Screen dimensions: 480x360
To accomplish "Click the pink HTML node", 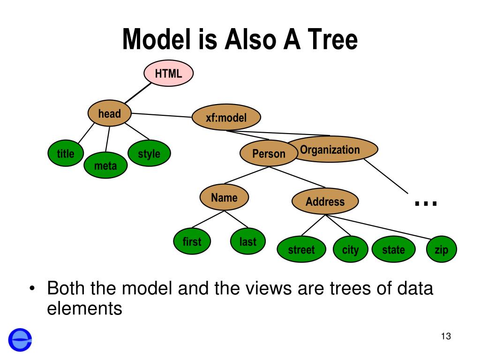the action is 168,73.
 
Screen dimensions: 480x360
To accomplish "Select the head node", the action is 110,113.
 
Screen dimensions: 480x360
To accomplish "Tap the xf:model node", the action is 226,117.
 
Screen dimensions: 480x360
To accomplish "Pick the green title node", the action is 66,153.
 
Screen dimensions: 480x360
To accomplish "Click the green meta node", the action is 105,165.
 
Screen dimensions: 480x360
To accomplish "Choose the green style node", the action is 149,153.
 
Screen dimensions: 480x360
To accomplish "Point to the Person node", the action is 269,153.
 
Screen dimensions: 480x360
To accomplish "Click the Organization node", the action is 332,149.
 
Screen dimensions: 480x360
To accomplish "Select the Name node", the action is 224,197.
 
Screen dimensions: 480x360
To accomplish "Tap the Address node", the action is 325,201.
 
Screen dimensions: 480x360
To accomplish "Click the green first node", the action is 192,241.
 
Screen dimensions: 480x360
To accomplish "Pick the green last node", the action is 248,241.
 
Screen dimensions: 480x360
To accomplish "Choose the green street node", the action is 301,249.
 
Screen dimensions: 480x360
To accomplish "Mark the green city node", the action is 350,249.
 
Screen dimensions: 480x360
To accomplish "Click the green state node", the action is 394,249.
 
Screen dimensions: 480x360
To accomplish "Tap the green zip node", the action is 442,249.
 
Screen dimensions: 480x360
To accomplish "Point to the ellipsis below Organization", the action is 426,203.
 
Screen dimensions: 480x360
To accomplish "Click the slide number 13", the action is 446,336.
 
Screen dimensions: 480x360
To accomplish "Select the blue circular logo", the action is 20,340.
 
